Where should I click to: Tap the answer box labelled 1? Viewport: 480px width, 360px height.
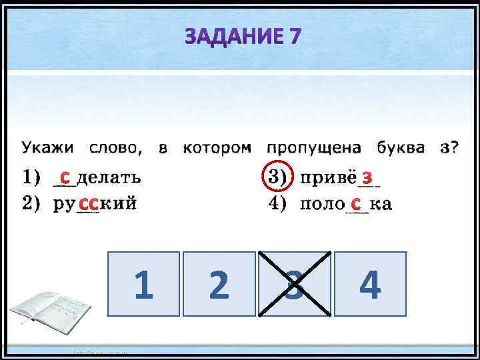point(143,285)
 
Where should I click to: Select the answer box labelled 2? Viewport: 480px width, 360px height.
point(219,285)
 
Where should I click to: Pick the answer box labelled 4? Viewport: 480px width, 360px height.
point(370,285)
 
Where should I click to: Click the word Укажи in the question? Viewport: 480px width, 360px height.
point(47,148)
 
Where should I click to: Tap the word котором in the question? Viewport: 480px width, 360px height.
point(217,148)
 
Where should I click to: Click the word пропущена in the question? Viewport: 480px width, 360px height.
point(313,148)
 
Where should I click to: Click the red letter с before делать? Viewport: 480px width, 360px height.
point(64,177)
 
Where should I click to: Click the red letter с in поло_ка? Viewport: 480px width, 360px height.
point(357,202)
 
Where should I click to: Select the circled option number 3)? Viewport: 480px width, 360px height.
point(276,177)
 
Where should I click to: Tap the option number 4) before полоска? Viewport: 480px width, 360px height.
point(276,203)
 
